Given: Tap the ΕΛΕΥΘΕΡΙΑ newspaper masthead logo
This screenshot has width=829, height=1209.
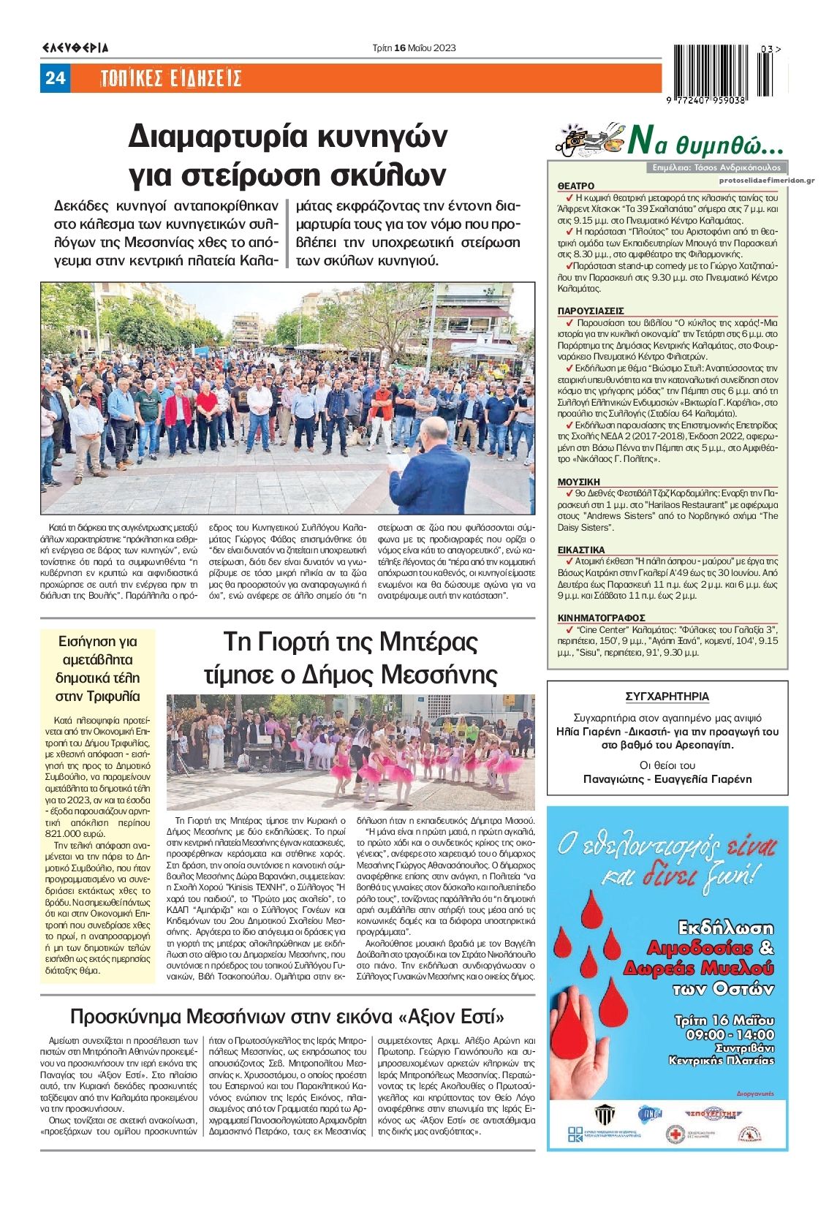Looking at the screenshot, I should tap(75, 48).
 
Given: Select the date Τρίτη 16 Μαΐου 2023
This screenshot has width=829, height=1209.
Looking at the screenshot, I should tap(414, 48).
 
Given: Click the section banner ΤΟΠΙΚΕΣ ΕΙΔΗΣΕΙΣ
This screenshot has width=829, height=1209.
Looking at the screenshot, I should tap(170, 78).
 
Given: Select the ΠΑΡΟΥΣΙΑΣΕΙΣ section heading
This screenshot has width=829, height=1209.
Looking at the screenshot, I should tap(591, 311).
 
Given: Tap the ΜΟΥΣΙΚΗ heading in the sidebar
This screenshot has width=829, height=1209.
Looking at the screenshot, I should tap(578, 482).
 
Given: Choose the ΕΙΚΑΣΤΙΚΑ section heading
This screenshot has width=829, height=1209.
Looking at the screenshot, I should tap(581, 550).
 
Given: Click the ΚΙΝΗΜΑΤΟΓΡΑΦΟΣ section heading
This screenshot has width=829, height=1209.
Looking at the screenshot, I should tap(601, 618).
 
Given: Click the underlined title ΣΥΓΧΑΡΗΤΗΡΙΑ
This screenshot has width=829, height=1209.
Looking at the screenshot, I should tap(667, 697).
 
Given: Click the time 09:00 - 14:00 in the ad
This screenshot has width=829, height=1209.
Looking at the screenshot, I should tap(730, 1034).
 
